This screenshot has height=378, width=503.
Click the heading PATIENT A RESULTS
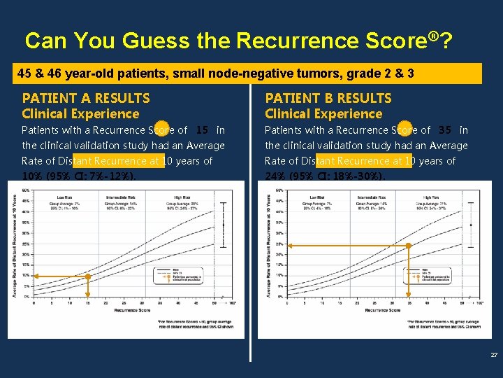pyautogui.click(x=86, y=98)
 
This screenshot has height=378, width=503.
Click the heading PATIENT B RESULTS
pyautogui.click(x=328, y=98)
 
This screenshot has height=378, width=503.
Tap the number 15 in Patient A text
pyautogui.click(x=203, y=130)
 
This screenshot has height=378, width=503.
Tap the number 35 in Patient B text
pyautogui.click(x=445, y=130)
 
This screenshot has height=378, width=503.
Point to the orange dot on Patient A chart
pyautogui.click(x=88, y=276)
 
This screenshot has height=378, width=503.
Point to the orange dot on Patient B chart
pyautogui.click(x=409, y=246)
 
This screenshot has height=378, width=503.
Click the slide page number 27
pyautogui.click(x=494, y=355)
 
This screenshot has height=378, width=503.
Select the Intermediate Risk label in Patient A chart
pyautogui.click(x=120, y=198)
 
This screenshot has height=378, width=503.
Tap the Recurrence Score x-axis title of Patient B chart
pyautogui.click(x=383, y=309)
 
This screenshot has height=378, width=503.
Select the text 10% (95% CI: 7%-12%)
pyautogui.click(x=78, y=176)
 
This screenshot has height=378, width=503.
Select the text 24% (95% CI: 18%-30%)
pyautogui.click(x=325, y=176)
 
